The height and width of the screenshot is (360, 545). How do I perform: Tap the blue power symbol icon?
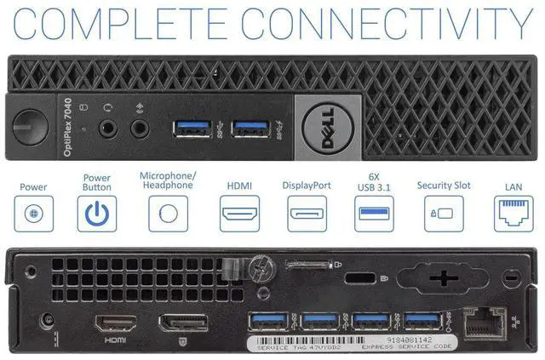[x=96, y=214]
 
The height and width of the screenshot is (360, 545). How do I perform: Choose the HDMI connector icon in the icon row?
[x=240, y=214]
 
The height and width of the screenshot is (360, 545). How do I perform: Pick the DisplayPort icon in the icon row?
[x=306, y=214]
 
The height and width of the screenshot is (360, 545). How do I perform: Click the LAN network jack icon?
[x=513, y=214]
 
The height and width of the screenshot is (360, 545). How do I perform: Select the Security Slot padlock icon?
[x=445, y=214]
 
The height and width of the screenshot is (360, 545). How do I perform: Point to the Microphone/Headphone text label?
[x=167, y=180]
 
